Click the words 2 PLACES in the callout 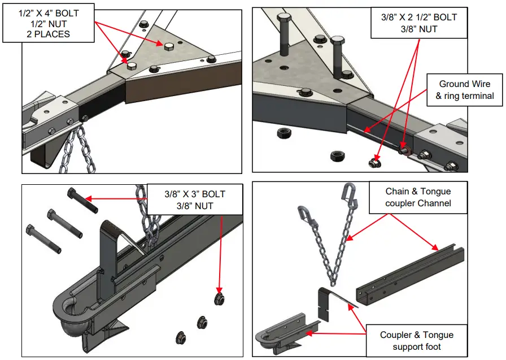tap(48, 33)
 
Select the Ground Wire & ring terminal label tap(464, 90)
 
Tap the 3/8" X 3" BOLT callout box tap(195, 200)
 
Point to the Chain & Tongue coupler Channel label tap(418, 197)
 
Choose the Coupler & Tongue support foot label tap(416, 341)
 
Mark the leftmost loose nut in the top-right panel tap(283, 133)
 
